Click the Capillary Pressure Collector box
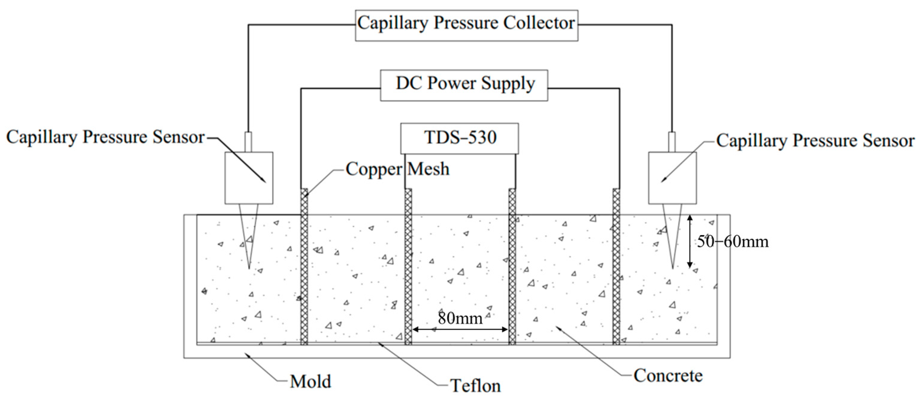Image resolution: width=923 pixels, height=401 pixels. tap(466, 25)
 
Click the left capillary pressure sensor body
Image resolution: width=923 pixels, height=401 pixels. tap(249, 178)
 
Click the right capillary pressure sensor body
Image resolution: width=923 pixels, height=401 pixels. tap(673, 178)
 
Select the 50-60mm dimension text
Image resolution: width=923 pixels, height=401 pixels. tap(732, 242)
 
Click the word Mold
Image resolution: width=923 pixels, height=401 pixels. tap(310, 382)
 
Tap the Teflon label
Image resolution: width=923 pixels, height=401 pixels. tap(475, 386)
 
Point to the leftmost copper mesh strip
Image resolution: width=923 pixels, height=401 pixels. tap(304, 267)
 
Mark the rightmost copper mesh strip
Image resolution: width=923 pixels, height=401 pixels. tap(616, 267)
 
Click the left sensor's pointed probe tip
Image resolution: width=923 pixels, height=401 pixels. tap(249, 267)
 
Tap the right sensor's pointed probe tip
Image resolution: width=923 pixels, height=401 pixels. tap(673, 267)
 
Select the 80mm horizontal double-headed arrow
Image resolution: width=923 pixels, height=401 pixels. tap(460, 329)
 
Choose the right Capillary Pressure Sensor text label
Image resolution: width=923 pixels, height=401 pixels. tap(815, 141)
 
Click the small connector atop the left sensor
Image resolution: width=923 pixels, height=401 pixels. tap(248, 142)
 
